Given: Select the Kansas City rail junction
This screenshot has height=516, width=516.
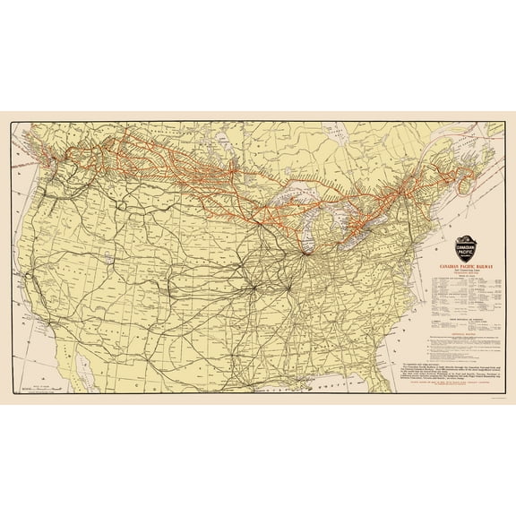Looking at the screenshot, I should pos(254,288).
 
